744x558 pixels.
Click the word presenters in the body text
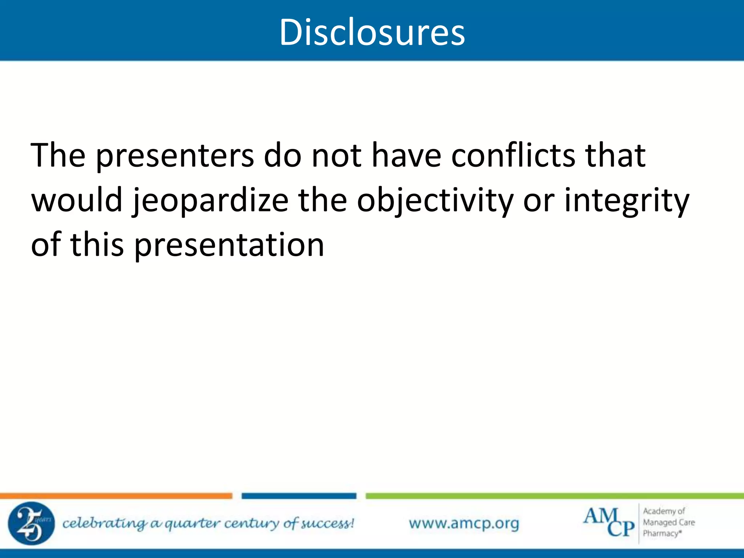(x=175, y=156)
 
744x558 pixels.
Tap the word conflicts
(x=513, y=156)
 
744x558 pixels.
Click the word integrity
(x=626, y=201)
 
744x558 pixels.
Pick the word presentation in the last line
(x=229, y=245)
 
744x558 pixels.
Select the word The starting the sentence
(x=58, y=156)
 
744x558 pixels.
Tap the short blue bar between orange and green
(x=299, y=496)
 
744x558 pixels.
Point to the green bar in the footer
(x=554, y=496)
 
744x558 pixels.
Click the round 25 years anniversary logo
(x=31, y=523)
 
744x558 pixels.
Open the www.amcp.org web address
(x=464, y=523)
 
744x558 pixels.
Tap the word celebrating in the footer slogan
(x=105, y=523)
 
